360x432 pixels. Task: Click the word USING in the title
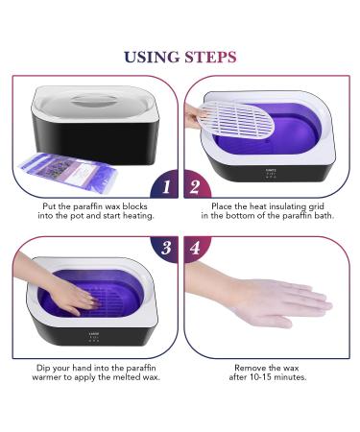pyautogui.click(x=152, y=57)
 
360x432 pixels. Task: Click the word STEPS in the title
pyautogui.click(x=210, y=57)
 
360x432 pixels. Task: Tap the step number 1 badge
pyautogui.click(x=165, y=186)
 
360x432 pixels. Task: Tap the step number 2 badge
pyautogui.click(x=196, y=186)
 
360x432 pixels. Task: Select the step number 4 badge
pyautogui.click(x=195, y=248)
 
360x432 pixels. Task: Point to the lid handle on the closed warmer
pyautogui.click(x=93, y=101)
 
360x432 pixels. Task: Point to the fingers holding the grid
pyautogui.click(x=194, y=116)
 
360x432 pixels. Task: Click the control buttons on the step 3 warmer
pyautogui.click(x=94, y=341)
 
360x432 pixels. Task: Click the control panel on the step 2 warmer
pyautogui.click(x=272, y=173)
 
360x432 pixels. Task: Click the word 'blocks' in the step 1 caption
pyautogui.click(x=134, y=206)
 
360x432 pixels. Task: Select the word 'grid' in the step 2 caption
pyautogui.click(x=316, y=206)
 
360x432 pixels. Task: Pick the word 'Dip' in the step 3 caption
pyautogui.click(x=43, y=368)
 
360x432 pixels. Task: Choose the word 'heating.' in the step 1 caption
pyautogui.click(x=138, y=216)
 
